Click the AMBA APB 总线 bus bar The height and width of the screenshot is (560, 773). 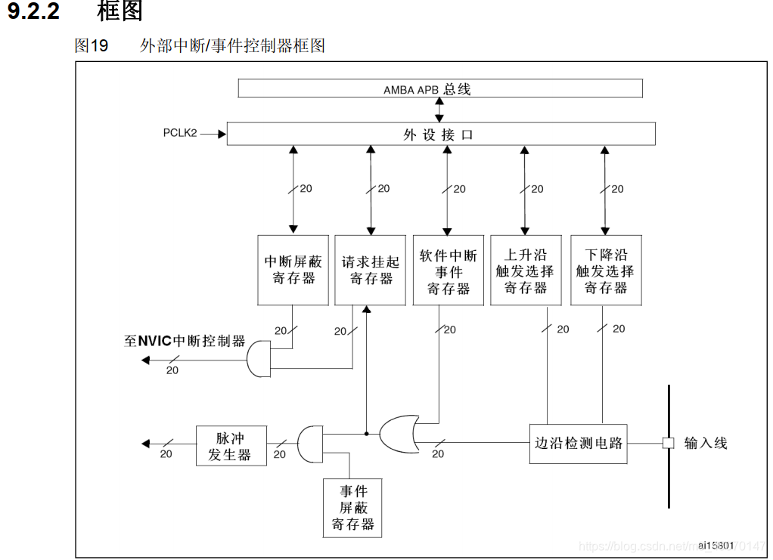(x=440, y=89)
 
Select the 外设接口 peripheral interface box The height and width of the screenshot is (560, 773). (x=440, y=135)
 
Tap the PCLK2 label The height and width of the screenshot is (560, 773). (x=180, y=133)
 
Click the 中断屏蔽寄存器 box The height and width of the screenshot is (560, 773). (x=293, y=270)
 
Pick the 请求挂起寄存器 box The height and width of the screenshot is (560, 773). (x=370, y=270)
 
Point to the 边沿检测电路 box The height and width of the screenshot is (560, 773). (x=578, y=443)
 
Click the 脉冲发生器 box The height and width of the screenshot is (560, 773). (x=231, y=446)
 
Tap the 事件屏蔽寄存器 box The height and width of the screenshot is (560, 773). (x=352, y=508)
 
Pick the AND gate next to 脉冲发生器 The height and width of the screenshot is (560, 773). (x=310, y=444)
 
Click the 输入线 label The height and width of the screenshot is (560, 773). (x=705, y=443)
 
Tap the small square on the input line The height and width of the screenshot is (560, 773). (x=668, y=443)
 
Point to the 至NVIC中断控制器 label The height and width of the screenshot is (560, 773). (x=185, y=341)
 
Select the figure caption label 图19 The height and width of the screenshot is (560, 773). (x=92, y=45)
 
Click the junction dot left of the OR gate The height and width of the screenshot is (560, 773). (x=367, y=434)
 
